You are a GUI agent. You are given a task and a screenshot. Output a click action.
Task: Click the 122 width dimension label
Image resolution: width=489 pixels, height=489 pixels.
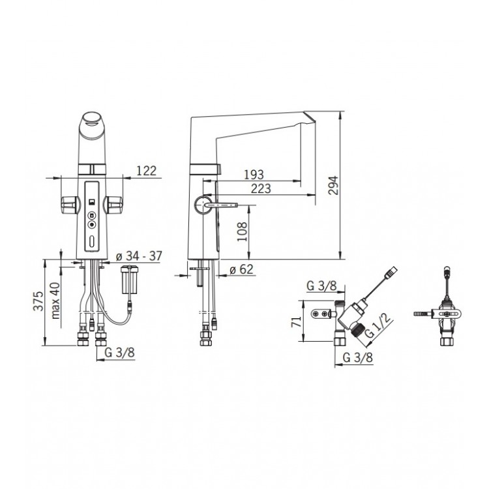[x=146, y=171]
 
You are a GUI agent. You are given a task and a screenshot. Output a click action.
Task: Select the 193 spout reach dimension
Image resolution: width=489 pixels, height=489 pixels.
[x=254, y=175]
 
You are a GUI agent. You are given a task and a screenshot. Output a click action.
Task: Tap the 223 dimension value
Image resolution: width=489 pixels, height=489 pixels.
[x=261, y=188]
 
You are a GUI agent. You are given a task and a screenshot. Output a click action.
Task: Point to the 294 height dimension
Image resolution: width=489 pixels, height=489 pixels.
[x=333, y=185]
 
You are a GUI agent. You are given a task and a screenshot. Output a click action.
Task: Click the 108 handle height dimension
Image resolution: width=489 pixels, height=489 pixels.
[x=242, y=231]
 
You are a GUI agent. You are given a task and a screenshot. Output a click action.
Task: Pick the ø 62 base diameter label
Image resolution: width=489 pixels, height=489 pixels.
[x=241, y=269]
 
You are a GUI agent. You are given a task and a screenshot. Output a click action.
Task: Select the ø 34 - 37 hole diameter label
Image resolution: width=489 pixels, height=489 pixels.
[x=139, y=256]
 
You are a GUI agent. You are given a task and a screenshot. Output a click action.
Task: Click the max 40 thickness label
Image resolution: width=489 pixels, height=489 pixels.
[x=55, y=301]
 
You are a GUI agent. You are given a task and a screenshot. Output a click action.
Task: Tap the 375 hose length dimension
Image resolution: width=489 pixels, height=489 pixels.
[x=38, y=301]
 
